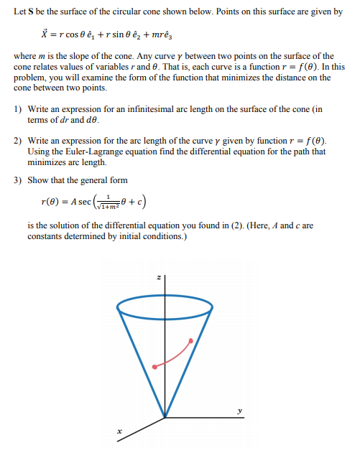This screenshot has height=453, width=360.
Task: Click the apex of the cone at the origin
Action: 165,418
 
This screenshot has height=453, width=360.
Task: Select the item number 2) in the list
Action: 19,140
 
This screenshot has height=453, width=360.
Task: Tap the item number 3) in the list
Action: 19,179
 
